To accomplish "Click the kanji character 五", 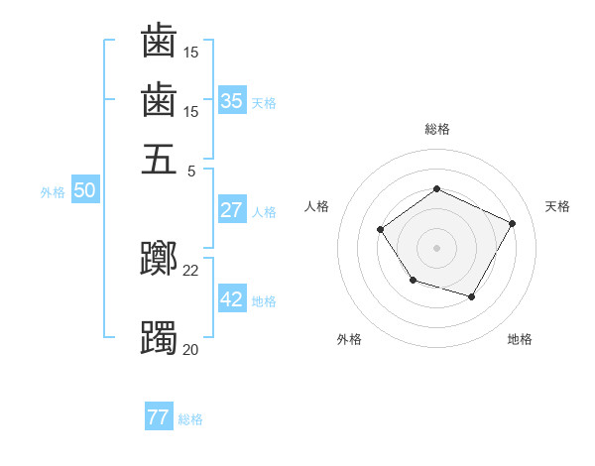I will tap(159, 160).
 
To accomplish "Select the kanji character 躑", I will tap(159, 260).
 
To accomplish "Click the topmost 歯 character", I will tap(159, 41).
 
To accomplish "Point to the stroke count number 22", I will tap(191, 270).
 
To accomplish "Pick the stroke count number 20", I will tap(191, 348).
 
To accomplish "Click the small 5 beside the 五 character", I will tap(191, 170).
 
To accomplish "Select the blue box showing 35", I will tap(231, 101).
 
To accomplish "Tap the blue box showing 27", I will tap(231, 210).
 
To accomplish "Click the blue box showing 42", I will tap(231, 299).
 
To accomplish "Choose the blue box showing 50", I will tap(83, 190).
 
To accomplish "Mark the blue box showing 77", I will tap(158, 417).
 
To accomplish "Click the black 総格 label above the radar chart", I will tap(437, 130).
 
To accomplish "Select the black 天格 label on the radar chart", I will tap(558, 206).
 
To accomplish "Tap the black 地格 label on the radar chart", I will tap(520, 339).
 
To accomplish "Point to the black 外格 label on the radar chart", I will tap(349, 339).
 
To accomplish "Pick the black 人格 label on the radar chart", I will tap(317, 206).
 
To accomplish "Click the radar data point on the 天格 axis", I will tap(513, 223).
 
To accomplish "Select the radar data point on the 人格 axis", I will tap(381, 230).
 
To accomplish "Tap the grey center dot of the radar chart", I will tap(437, 247).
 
